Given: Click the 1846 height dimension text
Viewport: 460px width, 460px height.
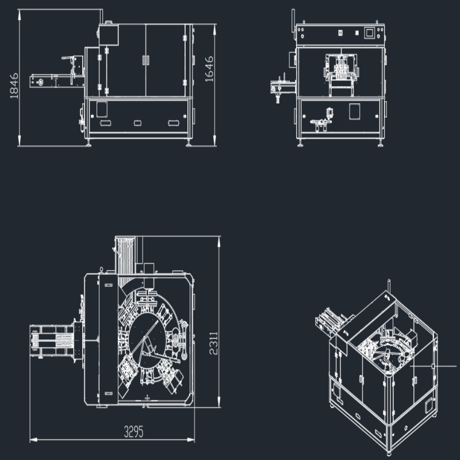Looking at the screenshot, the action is (14, 86).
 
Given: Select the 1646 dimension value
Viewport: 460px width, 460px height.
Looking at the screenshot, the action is (209, 69).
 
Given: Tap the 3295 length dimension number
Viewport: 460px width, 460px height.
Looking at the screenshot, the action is (134, 432).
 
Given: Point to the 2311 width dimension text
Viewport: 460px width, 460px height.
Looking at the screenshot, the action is (213, 343).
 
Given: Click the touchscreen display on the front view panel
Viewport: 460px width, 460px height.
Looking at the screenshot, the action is (370, 33).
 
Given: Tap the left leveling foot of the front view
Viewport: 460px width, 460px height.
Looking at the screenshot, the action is (300, 143).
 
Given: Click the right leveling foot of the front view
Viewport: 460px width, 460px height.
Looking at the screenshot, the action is (380, 143).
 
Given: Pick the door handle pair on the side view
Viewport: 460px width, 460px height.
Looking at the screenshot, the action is (145, 60).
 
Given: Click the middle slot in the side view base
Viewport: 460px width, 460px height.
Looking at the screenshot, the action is (137, 123).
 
